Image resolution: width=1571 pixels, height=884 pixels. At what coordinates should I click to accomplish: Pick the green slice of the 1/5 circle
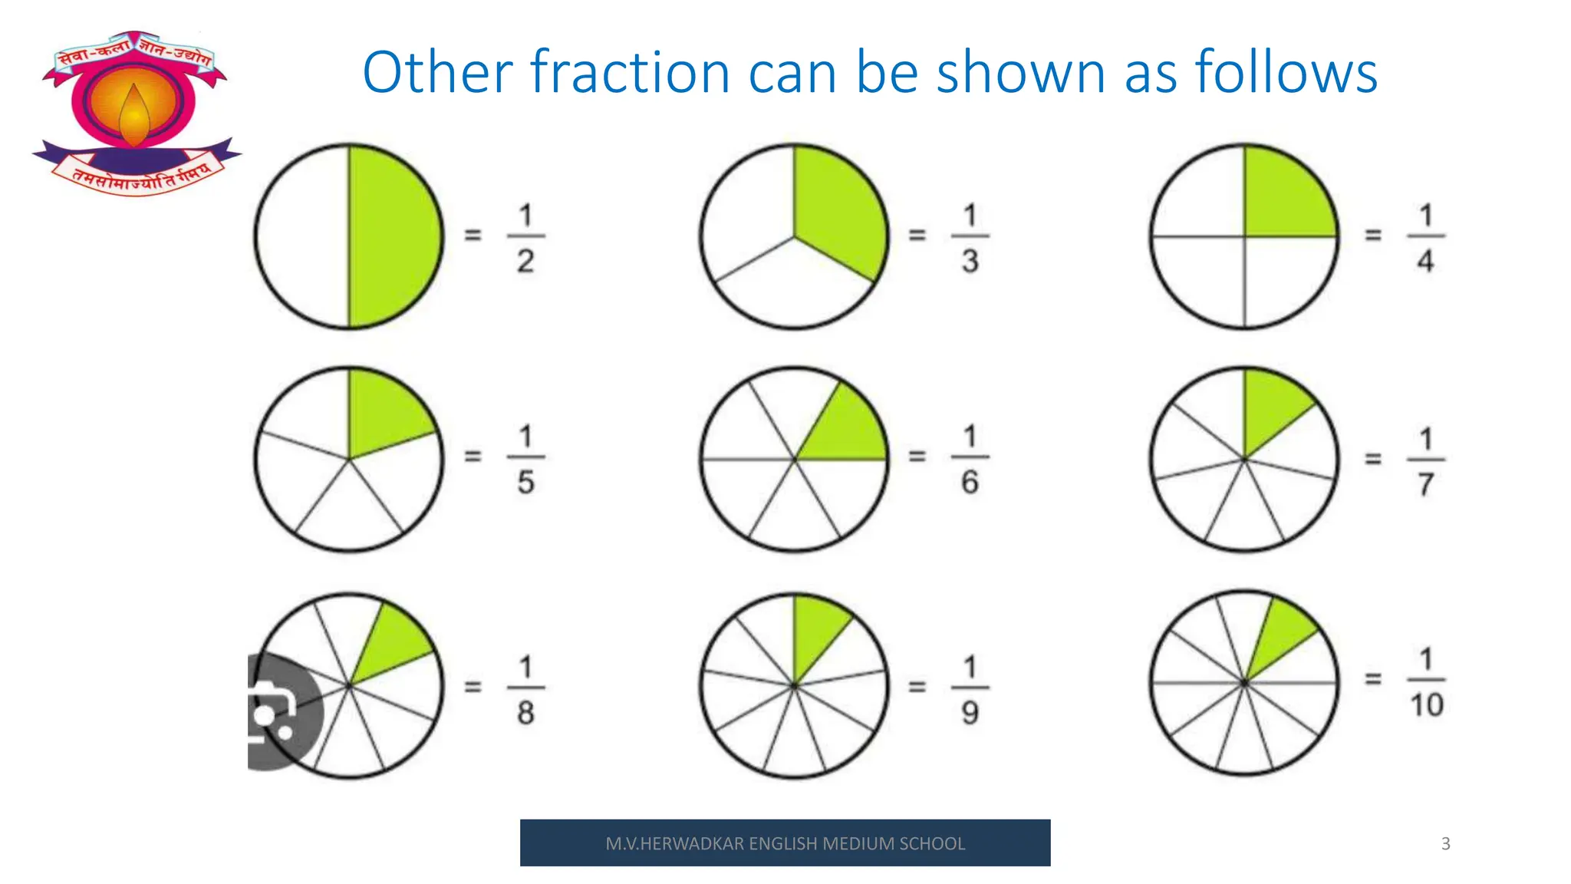point(384,418)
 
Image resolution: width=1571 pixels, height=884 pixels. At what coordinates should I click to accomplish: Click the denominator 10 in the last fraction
point(1427,704)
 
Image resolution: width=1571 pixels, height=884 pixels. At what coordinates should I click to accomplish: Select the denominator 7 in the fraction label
point(1426,484)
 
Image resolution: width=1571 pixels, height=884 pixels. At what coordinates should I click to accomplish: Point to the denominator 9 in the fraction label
point(970,712)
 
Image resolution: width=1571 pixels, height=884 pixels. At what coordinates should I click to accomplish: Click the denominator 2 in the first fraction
point(525,261)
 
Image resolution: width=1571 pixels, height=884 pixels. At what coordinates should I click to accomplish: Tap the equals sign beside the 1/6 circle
point(917,457)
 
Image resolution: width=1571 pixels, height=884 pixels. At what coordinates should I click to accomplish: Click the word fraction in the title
point(630,73)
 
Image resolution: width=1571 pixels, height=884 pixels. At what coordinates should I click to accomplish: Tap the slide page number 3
point(1445,843)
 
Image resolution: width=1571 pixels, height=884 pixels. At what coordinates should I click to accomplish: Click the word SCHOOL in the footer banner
point(932,843)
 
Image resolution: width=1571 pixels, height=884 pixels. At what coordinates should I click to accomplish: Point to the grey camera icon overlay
point(280,712)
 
